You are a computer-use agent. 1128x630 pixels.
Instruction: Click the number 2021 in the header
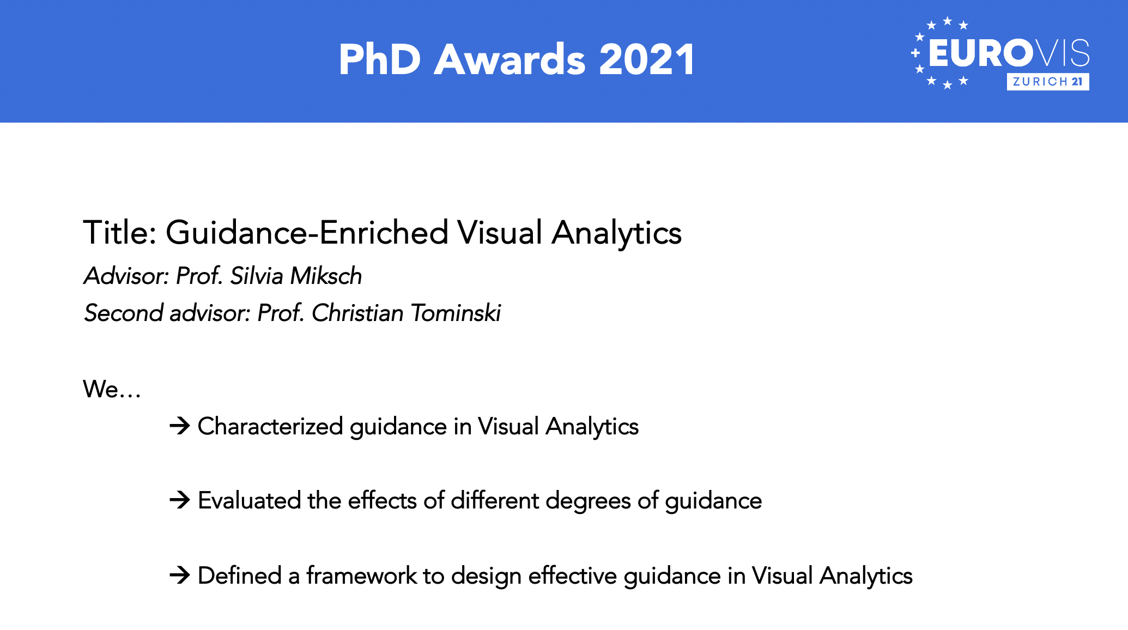pos(647,59)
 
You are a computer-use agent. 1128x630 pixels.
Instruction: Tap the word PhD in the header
pos(380,59)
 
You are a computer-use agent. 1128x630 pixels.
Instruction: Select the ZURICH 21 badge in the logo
pos(1048,82)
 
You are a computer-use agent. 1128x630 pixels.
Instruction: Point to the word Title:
pos(120,233)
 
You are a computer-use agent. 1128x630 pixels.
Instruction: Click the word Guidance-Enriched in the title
pos(307,233)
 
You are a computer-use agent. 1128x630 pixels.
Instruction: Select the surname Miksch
pos(326,276)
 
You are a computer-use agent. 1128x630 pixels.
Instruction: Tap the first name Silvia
pos(257,276)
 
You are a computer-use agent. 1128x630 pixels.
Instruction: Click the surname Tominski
pos(456,313)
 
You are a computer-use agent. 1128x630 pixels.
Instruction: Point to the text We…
pos(112,389)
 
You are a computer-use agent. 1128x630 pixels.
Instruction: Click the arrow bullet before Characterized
pos(180,426)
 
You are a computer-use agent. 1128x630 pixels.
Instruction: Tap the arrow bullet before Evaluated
pos(180,500)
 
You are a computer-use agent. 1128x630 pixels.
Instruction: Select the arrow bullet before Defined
pos(180,575)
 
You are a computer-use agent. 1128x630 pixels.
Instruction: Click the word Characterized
pos(270,426)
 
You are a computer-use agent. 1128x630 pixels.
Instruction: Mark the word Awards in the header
pos(510,59)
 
